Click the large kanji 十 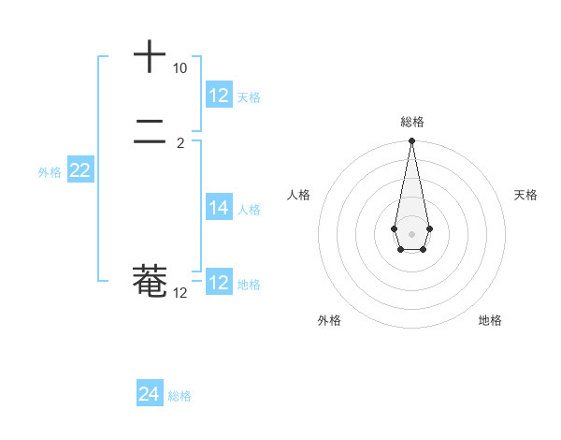[150, 56]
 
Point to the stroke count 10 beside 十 [180, 68]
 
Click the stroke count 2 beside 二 [180, 143]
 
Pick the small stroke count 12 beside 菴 [180, 293]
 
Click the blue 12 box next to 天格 [219, 95]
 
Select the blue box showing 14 [219, 208]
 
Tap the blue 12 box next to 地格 [219, 283]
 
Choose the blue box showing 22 [79, 170]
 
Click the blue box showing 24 [150, 394]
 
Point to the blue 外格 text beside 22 [50, 172]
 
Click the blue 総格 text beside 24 [180, 396]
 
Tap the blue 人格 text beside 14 [249, 210]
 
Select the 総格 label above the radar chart [411, 122]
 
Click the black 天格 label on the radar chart [525, 195]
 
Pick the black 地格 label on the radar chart [490, 320]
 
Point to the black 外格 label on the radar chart [329, 320]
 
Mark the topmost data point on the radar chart [411, 141]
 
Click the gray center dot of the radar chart [411, 233]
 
